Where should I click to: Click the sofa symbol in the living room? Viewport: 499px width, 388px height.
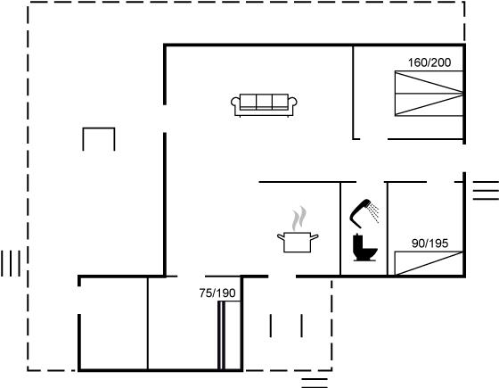point(264,105)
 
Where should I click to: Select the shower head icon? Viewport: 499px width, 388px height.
point(364,213)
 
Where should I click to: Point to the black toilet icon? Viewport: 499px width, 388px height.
point(364,248)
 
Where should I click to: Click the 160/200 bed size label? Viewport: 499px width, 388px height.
point(429,62)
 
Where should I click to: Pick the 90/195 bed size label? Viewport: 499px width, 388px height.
point(429,244)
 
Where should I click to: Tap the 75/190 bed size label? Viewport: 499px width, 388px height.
point(217,293)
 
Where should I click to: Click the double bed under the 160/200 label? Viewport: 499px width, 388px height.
point(429,94)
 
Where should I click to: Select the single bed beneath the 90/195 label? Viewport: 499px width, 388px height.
point(429,263)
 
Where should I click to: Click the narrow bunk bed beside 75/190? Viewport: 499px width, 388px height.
point(229,335)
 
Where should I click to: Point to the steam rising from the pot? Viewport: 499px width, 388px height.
point(299,219)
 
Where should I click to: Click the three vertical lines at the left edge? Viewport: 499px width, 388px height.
point(11,263)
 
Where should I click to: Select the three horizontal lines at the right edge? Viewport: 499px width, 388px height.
point(486,190)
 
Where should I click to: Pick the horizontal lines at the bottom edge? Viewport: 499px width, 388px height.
point(315,383)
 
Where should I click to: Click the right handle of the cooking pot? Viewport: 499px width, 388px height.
point(315,236)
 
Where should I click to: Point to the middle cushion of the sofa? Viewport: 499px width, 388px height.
point(264,102)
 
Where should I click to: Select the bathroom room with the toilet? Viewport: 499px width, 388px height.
point(364,228)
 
